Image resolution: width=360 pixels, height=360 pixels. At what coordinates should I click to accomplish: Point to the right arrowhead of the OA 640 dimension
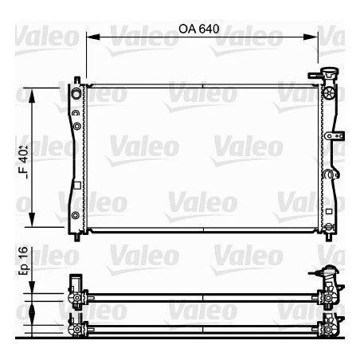pyautogui.click(x=314, y=37)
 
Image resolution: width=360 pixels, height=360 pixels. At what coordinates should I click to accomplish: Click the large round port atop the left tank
pyautogui.click(x=76, y=95)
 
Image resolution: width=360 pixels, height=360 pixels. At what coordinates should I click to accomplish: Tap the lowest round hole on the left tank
pyautogui.click(x=75, y=216)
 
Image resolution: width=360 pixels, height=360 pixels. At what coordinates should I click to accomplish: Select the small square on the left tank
pyautogui.click(x=75, y=186)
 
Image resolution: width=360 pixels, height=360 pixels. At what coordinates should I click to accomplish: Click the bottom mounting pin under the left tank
pyautogui.click(x=76, y=237)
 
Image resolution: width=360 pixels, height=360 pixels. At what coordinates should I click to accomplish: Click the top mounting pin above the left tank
pyautogui.click(x=76, y=80)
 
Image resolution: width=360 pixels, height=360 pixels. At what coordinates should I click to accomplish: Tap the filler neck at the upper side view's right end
pyautogui.click(x=329, y=275)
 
